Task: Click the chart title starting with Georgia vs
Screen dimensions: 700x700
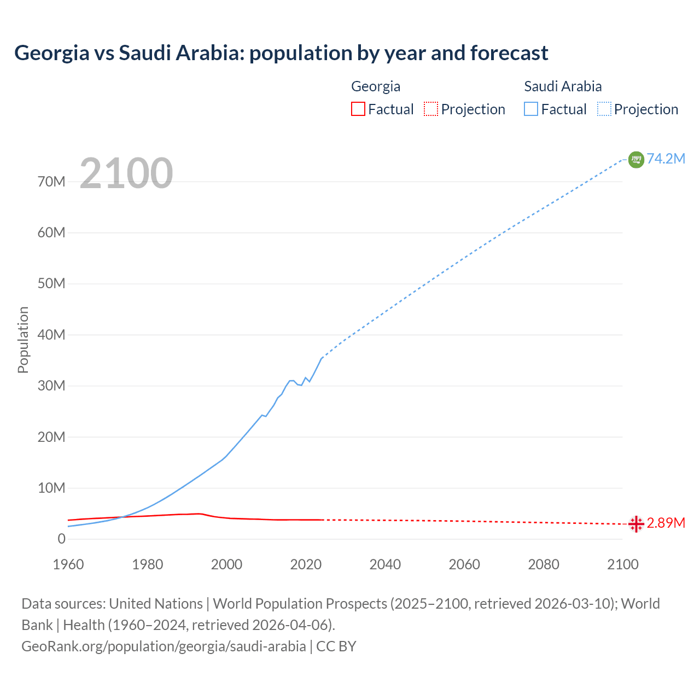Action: tap(281, 53)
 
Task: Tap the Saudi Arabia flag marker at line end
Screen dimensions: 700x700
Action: tap(636, 159)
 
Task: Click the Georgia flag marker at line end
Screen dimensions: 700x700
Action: tap(636, 524)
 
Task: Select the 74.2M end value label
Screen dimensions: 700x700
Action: tap(666, 159)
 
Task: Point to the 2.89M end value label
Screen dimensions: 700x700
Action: tap(666, 523)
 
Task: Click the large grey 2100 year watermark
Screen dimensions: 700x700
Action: tap(126, 173)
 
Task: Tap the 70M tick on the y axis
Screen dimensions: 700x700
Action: tap(51, 182)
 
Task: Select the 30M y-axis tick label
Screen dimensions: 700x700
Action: tap(51, 386)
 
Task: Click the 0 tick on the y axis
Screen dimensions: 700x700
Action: tap(61, 539)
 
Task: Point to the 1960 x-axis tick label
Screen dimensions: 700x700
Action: tap(68, 564)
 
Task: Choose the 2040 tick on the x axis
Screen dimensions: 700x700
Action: tap(385, 564)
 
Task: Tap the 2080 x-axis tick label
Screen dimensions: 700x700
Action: tap(544, 564)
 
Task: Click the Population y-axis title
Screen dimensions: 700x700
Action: tap(23, 340)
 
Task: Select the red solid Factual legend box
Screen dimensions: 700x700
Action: tap(358, 109)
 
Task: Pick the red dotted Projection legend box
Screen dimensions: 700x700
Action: tap(431, 109)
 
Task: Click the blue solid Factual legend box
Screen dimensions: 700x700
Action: tap(530, 109)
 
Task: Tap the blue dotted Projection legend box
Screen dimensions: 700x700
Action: tap(604, 109)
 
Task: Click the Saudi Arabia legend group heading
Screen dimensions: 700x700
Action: tap(563, 86)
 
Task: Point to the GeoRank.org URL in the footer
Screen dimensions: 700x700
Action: tap(164, 646)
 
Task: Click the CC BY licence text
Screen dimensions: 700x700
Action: tap(336, 646)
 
